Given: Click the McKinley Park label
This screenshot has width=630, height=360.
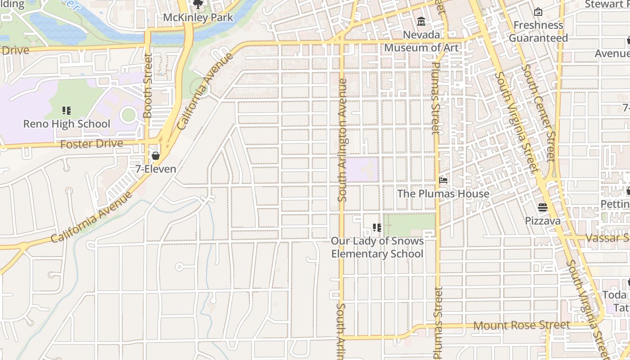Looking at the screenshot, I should [x=198, y=18].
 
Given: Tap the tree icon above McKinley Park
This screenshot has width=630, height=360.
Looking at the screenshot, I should [x=198, y=4].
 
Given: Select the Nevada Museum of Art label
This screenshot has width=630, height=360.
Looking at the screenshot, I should [x=421, y=41].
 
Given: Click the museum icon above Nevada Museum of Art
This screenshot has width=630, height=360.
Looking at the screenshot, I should [x=421, y=21].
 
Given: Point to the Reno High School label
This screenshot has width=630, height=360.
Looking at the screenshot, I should [x=67, y=124].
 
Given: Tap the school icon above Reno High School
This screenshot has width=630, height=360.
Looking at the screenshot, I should [x=67, y=111].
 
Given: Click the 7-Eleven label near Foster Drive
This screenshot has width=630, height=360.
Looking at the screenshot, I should [x=156, y=169].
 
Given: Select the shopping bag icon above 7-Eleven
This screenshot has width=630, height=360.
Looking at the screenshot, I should [x=156, y=156].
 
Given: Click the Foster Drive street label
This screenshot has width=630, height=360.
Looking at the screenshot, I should [x=91, y=144].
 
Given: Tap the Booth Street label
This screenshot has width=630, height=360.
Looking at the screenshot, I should [x=148, y=85].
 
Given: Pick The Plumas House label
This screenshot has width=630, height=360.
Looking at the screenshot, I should [x=443, y=193].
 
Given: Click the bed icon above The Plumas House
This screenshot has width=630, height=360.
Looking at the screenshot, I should [x=443, y=180].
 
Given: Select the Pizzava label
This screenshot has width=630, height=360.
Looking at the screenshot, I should [x=543, y=221].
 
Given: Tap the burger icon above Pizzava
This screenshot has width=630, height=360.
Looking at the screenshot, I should [x=543, y=207].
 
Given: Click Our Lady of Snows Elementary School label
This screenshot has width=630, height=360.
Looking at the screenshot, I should [x=377, y=247].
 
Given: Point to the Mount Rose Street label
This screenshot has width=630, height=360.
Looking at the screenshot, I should [x=522, y=325].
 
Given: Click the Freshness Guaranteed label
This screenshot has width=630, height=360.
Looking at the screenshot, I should [x=538, y=31].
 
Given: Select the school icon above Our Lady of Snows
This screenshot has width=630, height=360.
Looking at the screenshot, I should [x=377, y=228].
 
